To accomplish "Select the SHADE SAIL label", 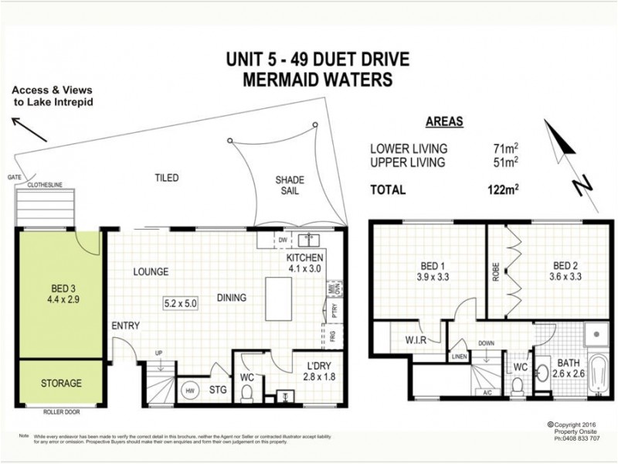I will [x=290, y=186].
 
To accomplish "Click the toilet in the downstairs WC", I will [x=247, y=393].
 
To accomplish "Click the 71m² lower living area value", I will [x=505, y=148].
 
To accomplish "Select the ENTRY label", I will [x=125, y=326].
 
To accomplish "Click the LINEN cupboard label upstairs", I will [x=459, y=356].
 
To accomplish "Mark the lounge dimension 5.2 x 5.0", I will [x=180, y=303].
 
